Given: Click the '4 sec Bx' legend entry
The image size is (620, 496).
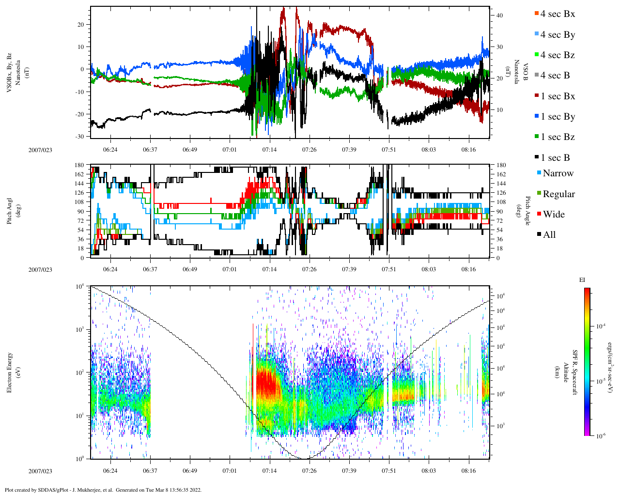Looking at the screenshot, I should [558, 14].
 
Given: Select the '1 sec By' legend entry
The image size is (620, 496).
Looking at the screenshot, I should [558, 117].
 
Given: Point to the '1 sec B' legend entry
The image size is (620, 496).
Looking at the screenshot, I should [555, 158].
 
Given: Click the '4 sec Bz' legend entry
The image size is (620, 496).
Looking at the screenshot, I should [558, 55].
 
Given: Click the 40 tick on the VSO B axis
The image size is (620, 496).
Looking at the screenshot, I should [499, 15].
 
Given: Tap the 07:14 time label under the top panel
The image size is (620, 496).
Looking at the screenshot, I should [270, 150].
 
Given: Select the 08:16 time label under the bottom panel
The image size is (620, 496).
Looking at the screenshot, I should [468, 471].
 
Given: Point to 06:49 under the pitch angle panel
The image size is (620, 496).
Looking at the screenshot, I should [190, 269].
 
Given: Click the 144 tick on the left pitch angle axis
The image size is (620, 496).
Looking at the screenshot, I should [79, 184].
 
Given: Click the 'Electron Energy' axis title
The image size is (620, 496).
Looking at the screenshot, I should [10, 372].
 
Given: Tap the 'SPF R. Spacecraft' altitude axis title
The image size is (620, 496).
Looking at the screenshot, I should [575, 372].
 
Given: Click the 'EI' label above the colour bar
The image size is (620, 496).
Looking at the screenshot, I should [582, 280].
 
